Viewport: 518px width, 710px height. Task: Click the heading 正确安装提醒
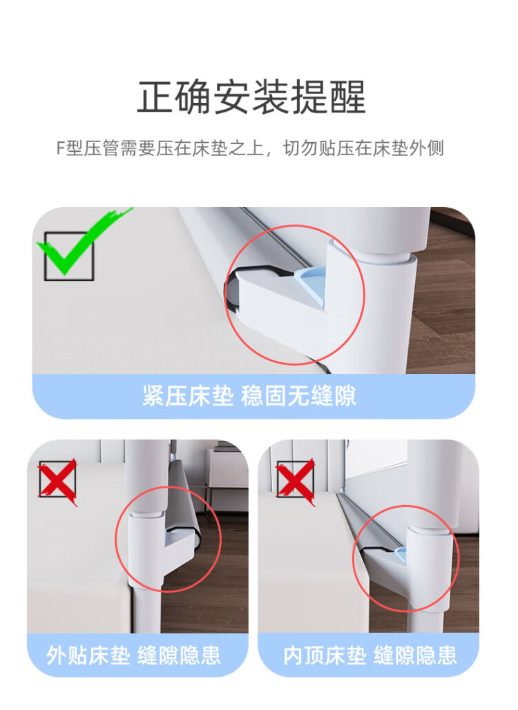(x=251, y=97)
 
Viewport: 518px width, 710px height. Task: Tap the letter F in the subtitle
(x=61, y=148)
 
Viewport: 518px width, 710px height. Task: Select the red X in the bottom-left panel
(x=58, y=482)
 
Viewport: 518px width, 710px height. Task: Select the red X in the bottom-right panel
(x=296, y=482)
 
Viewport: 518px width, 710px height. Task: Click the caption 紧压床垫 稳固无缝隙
(x=249, y=396)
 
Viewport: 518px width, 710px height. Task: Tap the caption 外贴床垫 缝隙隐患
(x=133, y=655)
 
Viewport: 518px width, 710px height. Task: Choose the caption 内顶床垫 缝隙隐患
(x=370, y=655)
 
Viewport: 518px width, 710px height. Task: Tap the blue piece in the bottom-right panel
(x=401, y=554)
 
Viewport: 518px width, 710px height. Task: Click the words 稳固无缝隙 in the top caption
(x=298, y=396)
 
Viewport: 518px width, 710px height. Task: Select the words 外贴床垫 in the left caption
(x=88, y=655)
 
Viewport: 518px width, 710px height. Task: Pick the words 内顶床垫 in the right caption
(x=325, y=655)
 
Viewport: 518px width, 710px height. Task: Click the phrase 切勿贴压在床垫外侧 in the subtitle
(x=363, y=148)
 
